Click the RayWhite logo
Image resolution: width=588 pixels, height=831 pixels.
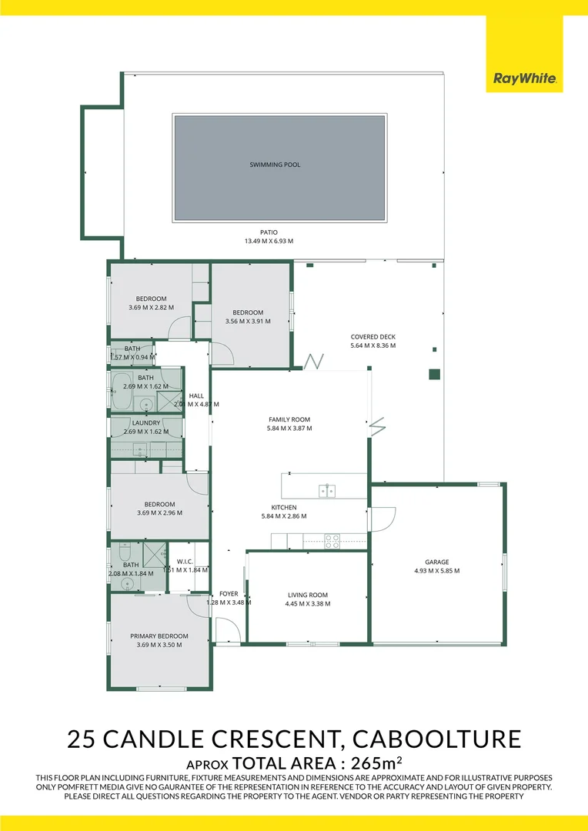524,78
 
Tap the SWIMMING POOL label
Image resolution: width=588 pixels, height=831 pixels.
275,165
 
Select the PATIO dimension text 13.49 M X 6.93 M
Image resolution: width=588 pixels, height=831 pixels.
269,241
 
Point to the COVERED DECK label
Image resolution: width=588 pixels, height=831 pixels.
373,337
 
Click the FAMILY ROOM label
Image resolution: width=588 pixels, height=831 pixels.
289,419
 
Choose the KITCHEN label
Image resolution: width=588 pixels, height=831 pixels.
284,507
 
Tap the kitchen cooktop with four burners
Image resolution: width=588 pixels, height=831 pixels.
332,541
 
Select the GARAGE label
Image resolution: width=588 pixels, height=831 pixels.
436,562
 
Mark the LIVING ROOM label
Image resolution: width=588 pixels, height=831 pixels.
308,595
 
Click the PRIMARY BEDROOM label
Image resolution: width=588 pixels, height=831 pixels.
159,636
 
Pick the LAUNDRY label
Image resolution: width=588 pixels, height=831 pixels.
146,422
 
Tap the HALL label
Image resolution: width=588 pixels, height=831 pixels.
196,395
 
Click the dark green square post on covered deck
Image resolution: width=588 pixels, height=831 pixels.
434,375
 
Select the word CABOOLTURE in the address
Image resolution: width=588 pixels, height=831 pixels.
436,739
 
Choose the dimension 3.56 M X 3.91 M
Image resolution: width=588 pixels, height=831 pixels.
248,321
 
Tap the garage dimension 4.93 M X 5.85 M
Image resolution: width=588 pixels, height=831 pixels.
436,571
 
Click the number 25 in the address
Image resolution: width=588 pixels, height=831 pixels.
82,739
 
